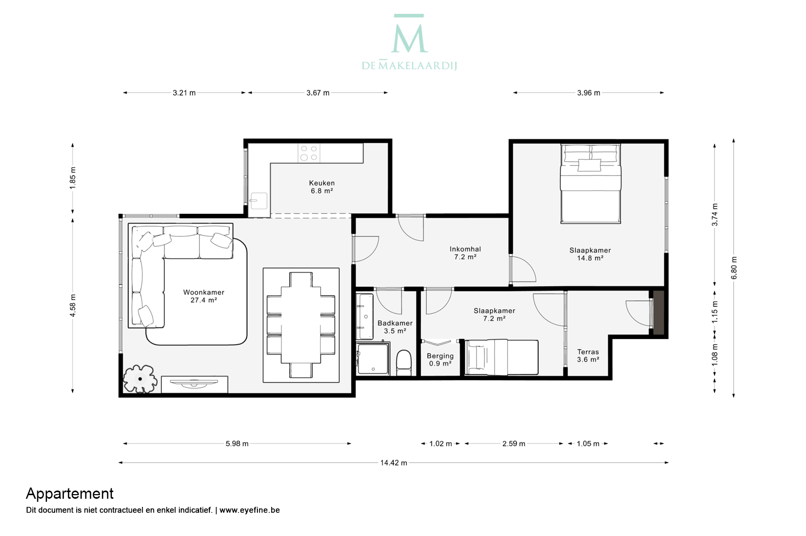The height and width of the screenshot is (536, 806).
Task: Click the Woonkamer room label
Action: click(204, 296)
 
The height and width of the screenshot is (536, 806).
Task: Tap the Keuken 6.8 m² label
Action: click(322, 187)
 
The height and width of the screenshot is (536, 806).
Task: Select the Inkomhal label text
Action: click(465, 253)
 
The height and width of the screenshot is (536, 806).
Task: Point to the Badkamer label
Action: click(395, 327)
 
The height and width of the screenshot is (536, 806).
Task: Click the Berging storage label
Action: click(440, 359)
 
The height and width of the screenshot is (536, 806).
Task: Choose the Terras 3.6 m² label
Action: click(588, 355)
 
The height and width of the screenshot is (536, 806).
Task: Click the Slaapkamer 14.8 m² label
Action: click(590, 254)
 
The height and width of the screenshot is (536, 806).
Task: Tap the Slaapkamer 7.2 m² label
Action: click(494, 314)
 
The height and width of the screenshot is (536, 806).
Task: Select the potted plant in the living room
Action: click(140, 379)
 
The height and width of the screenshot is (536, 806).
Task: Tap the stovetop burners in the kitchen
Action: click(309, 153)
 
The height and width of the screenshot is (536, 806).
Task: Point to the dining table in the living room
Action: click(301, 325)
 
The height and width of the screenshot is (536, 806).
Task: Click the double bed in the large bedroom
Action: click(590, 183)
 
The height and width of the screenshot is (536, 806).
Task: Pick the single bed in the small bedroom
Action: click(501, 357)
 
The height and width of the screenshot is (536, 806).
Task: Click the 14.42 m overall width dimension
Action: click(394, 462)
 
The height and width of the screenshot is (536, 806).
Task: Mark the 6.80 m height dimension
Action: click(733, 268)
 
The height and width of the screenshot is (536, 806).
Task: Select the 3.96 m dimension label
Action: click(589, 93)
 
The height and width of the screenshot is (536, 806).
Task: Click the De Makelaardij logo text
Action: click(409, 65)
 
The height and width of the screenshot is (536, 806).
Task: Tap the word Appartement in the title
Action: click(70, 494)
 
